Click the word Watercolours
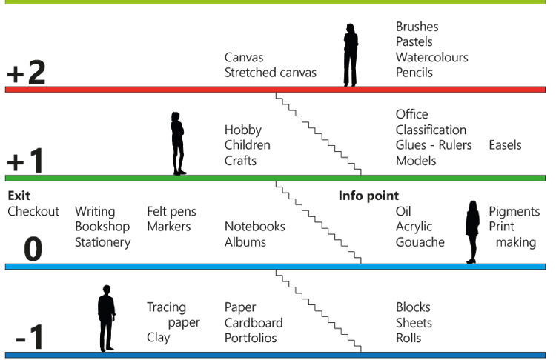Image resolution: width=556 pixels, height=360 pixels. [x=431, y=57]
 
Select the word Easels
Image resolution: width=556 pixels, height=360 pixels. [x=505, y=145]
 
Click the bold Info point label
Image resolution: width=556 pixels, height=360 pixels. [x=369, y=196]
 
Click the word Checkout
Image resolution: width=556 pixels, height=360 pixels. [x=33, y=212]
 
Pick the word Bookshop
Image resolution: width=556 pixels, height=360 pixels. [x=102, y=227]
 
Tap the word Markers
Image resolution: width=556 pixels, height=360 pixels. [x=169, y=227]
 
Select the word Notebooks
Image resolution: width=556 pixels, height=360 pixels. [x=255, y=227]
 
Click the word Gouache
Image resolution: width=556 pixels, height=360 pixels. [x=420, y=242]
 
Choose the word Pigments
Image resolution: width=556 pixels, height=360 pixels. [x=514, y=212]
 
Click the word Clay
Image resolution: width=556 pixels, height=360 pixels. [x=159, y=338]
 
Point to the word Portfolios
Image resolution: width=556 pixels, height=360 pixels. [x=251, y=338]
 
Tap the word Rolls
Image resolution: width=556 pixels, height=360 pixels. [x=408, y=338]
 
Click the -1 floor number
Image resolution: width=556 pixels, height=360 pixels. [x=30, y=340]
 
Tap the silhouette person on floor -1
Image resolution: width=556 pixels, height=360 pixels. [x=107, y=319]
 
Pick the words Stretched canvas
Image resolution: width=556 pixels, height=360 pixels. [x=271, y=73]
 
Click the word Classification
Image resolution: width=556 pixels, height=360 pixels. [x=431, y=130]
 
